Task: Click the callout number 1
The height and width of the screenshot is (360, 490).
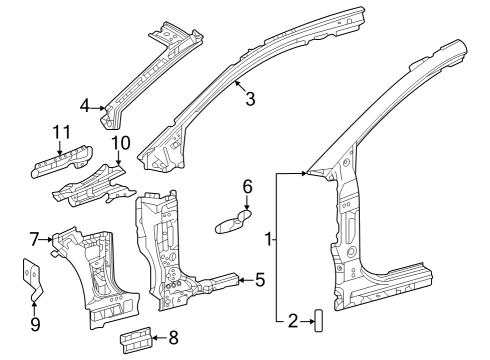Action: pyautogui.click(x=268, y=240)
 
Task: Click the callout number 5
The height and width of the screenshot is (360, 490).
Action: pyautogui.click(x=259, y=279)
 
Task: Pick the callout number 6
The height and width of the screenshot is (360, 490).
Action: pyautogui.click(x=248, y=186)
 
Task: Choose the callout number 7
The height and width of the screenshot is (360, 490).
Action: pyautogui.click(x=34, y=238)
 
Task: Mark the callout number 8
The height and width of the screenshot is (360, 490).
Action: pyautogui.click(x=174, y=337)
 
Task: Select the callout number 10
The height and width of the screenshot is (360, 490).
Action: pyautogui.click(x=121, y=144)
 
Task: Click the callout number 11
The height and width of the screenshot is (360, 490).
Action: pyautogui.click(x=61, y=132)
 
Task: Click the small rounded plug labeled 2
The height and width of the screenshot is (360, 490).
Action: pyautogui.click(x=318, y=320)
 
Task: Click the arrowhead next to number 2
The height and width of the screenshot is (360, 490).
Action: pyautogui.click(x=309, y=320)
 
